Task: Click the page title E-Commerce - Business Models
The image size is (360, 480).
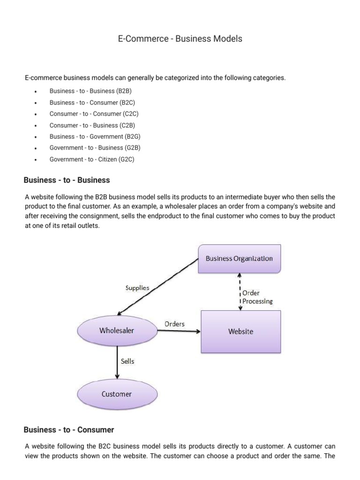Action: tap(180, 39)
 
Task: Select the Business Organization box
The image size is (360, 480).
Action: tap(240, 259)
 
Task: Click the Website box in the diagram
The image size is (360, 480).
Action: tap(240, 331)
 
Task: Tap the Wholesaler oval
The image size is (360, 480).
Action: tap(117, 330)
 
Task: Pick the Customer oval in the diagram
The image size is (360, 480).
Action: tap(117, 394)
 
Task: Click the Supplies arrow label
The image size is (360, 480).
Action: tap(137, 288)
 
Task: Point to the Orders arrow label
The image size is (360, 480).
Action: tap(174, 324)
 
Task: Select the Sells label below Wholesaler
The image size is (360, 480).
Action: tap(128, 361)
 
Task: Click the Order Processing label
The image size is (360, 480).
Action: tap(257, 297)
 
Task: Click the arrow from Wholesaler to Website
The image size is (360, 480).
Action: tap(178, 331)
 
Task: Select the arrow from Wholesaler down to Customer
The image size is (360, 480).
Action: tap(117, 362)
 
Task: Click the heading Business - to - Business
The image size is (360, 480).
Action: tap(67, 180)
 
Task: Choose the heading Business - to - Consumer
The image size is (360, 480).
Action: tap(69, 429)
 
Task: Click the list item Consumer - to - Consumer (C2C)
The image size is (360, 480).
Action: tap(94, 114)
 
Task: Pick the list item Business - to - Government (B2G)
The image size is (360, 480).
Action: tap(95, 136)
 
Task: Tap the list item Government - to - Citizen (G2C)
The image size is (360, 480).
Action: tap(92, 159)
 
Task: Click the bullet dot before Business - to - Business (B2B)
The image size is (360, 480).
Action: tap(36, 91)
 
